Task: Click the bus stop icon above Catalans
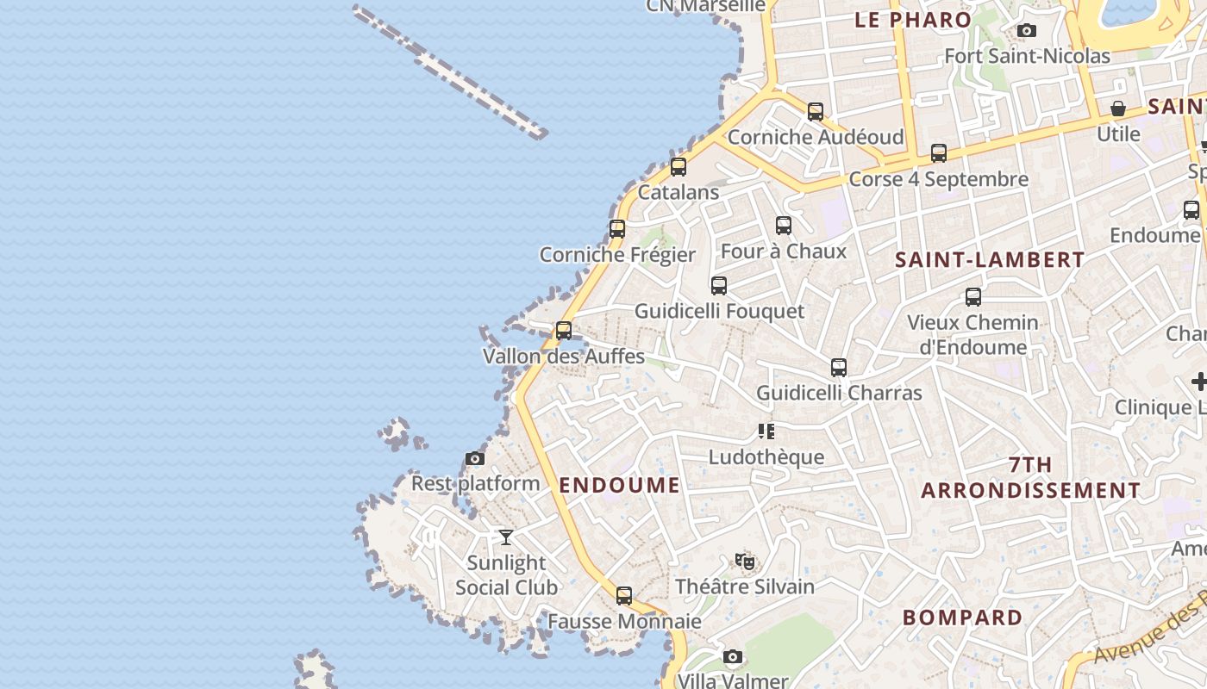click(679, 167)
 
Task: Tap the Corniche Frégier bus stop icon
click(617, 229)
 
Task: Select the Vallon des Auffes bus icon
click(564, 331)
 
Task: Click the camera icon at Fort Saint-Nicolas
click(1026, 31)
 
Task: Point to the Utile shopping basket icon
click(1118, 109)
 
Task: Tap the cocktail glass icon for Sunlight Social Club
click(506, 537)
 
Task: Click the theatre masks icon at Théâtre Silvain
click(745, 562)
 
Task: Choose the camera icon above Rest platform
click(475, 458)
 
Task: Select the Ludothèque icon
click(766, 431)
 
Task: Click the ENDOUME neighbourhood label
click(620, 485)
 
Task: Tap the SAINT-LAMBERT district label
click(990, 259)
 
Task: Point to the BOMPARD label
click(962, 618)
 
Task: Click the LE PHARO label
click(913, 20)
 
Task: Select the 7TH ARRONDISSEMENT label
click(1030, 477)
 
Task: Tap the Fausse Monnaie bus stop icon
click(624, 596)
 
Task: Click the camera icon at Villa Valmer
click(732, 657)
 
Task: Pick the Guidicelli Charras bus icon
click(839, 368)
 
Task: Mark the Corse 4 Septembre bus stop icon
click(939, 153)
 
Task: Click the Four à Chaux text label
click(784, 251)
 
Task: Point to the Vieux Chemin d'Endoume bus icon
click(973, 297)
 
